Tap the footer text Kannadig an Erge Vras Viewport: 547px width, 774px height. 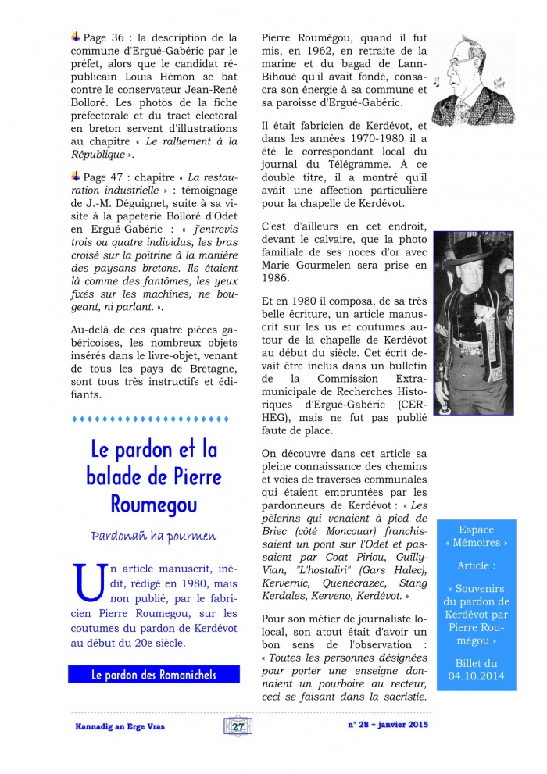[115, 726]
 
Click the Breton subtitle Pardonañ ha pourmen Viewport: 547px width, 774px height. [153, 536]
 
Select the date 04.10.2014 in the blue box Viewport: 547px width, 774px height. [477, 676]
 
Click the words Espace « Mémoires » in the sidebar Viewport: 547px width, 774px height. [477, 536]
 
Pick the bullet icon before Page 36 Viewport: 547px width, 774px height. [75, 36]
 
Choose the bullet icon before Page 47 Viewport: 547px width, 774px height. [75, 177]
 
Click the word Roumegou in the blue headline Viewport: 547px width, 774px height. [154, 503]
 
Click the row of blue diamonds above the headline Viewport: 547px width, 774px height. [154, 419]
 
